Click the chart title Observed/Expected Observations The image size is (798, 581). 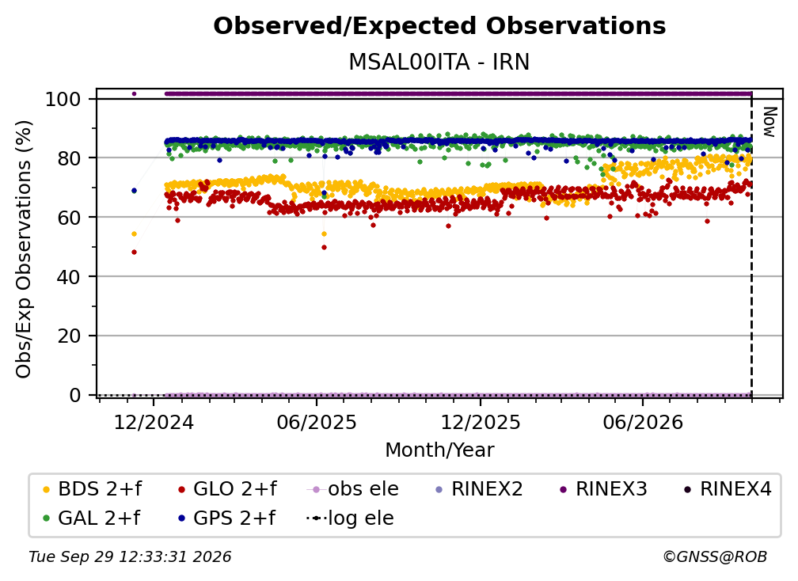[439, 26]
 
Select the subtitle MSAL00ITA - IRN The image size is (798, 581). [439, 63]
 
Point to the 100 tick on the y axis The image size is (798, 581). [63, 99]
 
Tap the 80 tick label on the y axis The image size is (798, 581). [69, 158]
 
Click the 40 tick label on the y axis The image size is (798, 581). [69, 277]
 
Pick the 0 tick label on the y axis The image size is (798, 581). [75, 395]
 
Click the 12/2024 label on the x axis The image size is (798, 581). [154, 423]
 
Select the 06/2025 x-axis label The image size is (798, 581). [317, 423]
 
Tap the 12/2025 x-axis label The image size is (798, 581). [481, 423]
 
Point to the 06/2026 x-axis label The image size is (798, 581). [643, 423]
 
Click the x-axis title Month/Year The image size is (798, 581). [439, 450]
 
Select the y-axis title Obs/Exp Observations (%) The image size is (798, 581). [24, 249]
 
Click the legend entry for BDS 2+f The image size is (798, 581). [92, 489]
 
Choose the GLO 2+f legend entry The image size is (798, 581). [227, 489]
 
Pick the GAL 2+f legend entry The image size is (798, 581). [91, 518]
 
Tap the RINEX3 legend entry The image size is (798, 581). [603, 489]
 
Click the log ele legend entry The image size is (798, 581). [350, 518]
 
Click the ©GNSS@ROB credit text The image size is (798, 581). [715, 557]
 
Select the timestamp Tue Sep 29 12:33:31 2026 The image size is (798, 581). [130, 557]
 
